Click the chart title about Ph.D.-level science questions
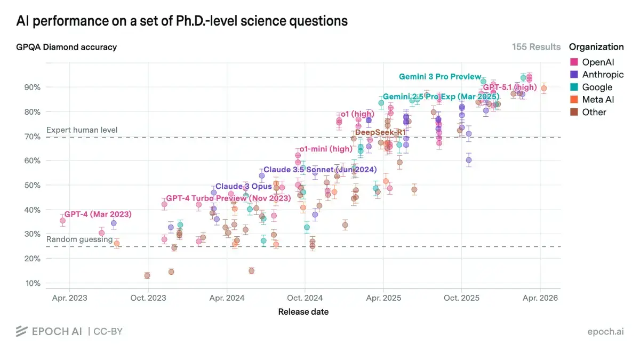(182, 21)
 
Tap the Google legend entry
(597, 87)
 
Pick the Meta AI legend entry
(598, 100)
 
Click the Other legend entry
(594, 112)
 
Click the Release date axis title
(303, 311)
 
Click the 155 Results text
(536, 47)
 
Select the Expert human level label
(82, 130)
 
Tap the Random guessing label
(79, 239)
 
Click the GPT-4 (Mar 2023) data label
(98, 214)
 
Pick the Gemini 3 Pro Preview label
(440, 77)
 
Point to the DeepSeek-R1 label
(380, 132)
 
